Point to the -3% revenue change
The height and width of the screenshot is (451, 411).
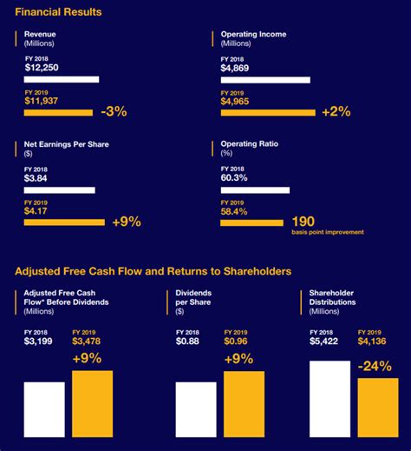click(114, 111)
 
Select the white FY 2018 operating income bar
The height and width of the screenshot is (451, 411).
click(259, 80)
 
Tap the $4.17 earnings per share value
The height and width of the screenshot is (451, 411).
click(38, 211)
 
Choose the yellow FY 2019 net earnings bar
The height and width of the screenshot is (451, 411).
click(64, 222)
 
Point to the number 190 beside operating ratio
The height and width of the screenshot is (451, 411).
click(303, 221)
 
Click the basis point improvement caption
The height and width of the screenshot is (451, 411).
click(328, 232)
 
